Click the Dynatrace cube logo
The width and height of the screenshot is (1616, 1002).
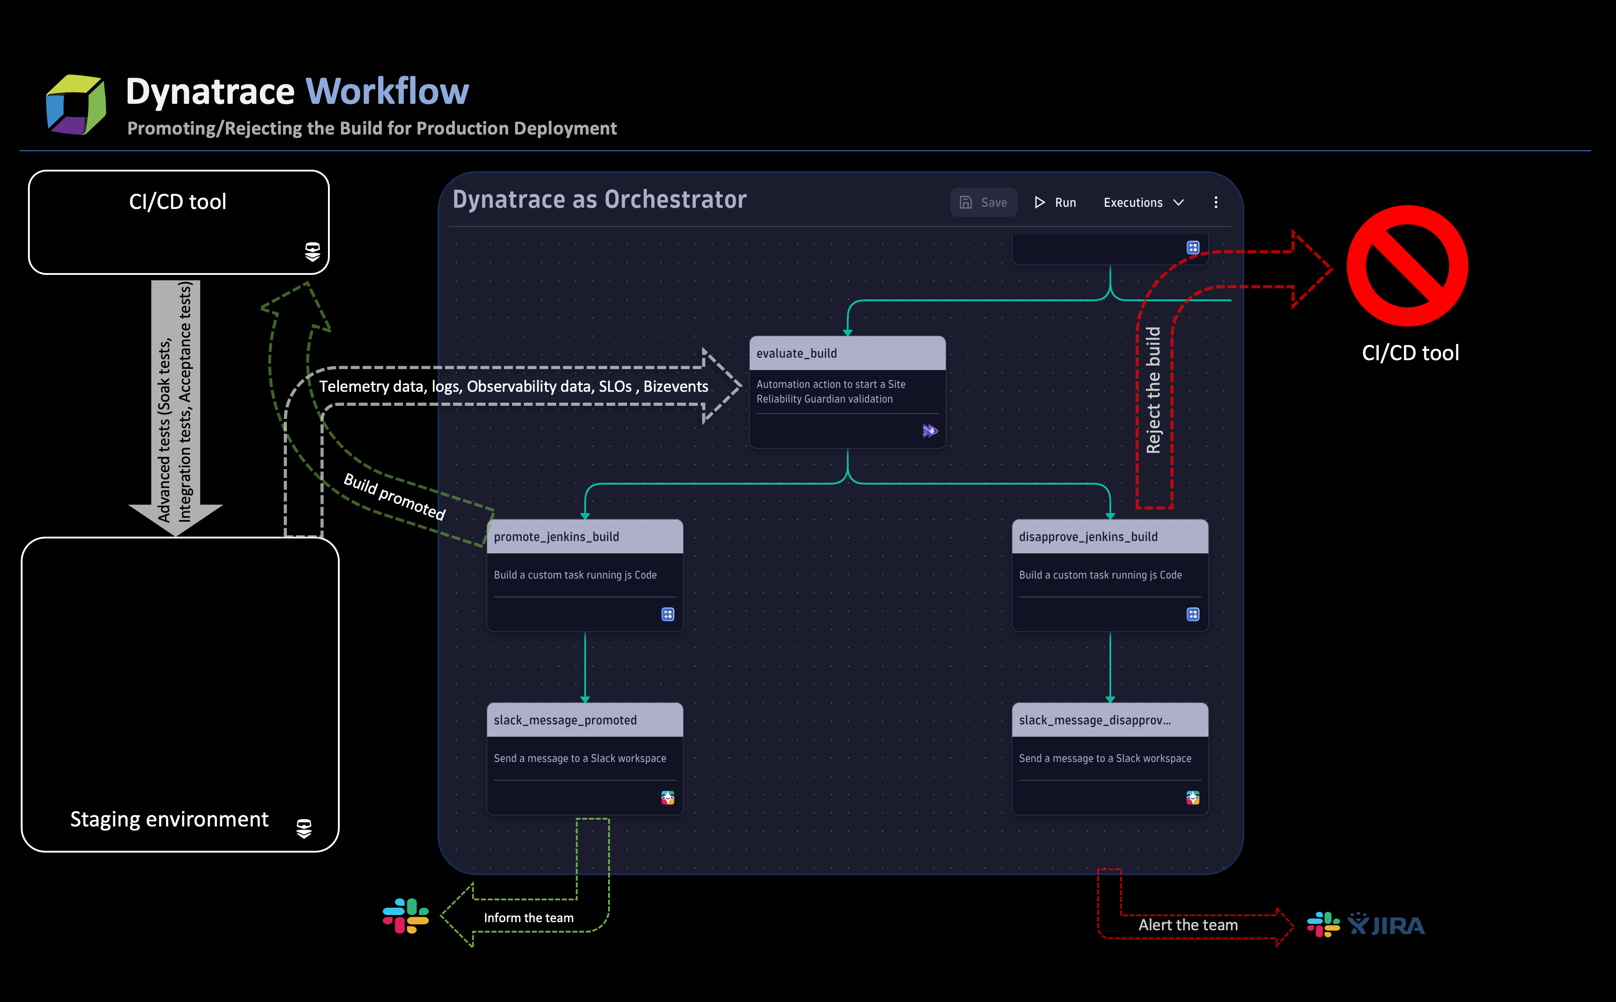[x=75, y=105]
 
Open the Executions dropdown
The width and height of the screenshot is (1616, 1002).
[x=1143, y=203]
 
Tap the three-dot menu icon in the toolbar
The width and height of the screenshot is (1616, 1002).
[x=1215, y=203]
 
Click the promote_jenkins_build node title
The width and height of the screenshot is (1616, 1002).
[x=556, y=537]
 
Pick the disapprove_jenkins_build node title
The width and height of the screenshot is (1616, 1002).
[x=1088, y=537]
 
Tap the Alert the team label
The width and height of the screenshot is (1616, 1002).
[x=1187, y=925]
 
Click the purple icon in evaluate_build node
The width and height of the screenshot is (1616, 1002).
[x=929, y=431]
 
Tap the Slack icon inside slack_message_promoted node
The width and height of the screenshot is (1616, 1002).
[x=668, y=798]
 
